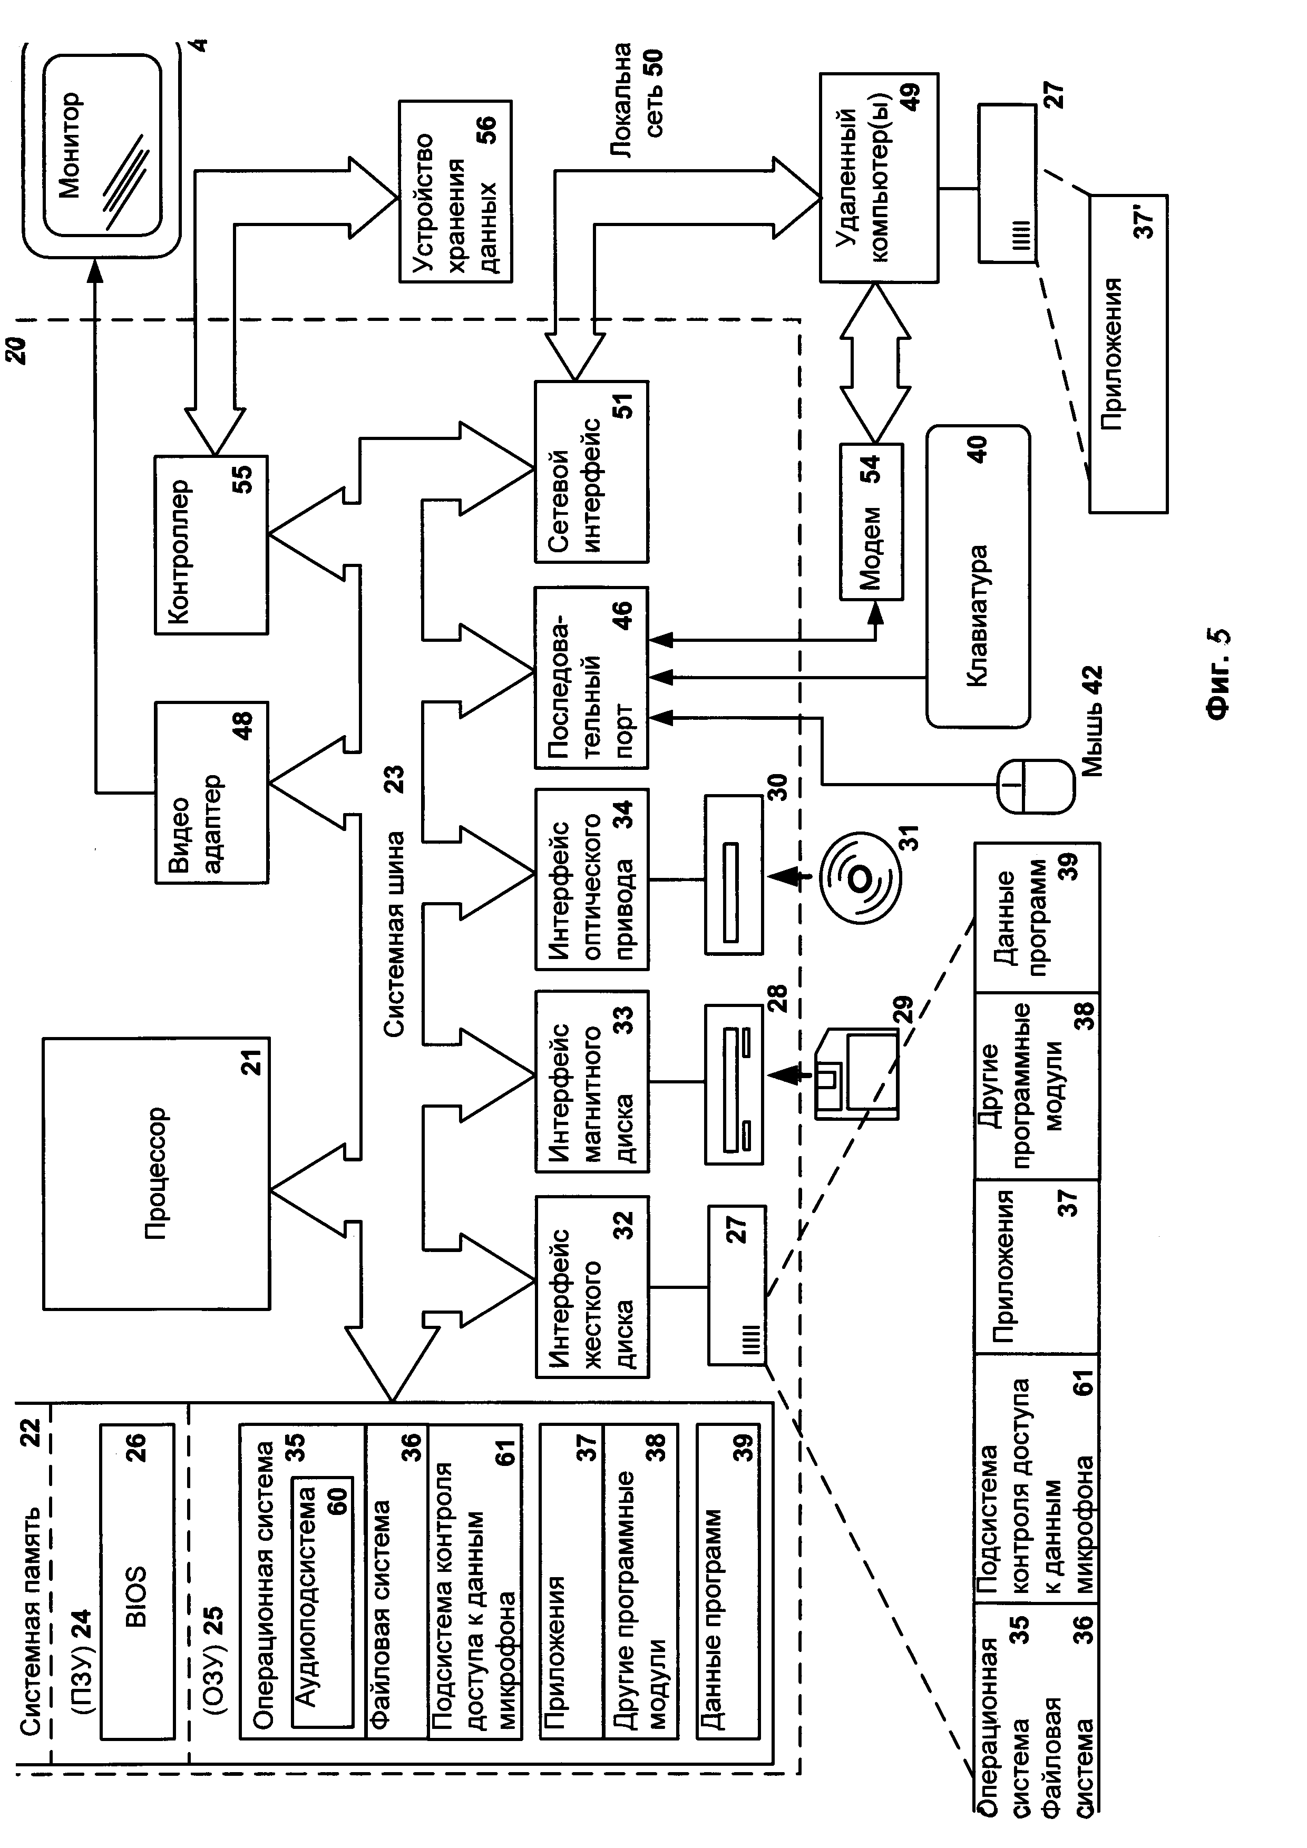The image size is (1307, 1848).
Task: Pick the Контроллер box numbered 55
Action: [x=211, y=545]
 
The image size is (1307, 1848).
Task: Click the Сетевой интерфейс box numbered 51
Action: [x=591, y=472]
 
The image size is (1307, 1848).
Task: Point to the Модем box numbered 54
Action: [x=871, y=522]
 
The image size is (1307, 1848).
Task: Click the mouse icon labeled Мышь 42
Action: [x=1035, y=786]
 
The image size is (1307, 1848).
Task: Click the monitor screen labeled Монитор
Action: [x=102, y=145]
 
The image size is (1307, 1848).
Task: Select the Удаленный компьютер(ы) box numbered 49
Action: [x=879, y=177]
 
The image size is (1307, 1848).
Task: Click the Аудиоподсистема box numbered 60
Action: [x=322, y=1602]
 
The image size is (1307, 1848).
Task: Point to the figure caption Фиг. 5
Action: [x=1217, y=671]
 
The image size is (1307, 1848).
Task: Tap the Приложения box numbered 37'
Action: [x=1127, y=354]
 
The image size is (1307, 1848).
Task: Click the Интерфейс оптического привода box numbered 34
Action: [x=591, y=879]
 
